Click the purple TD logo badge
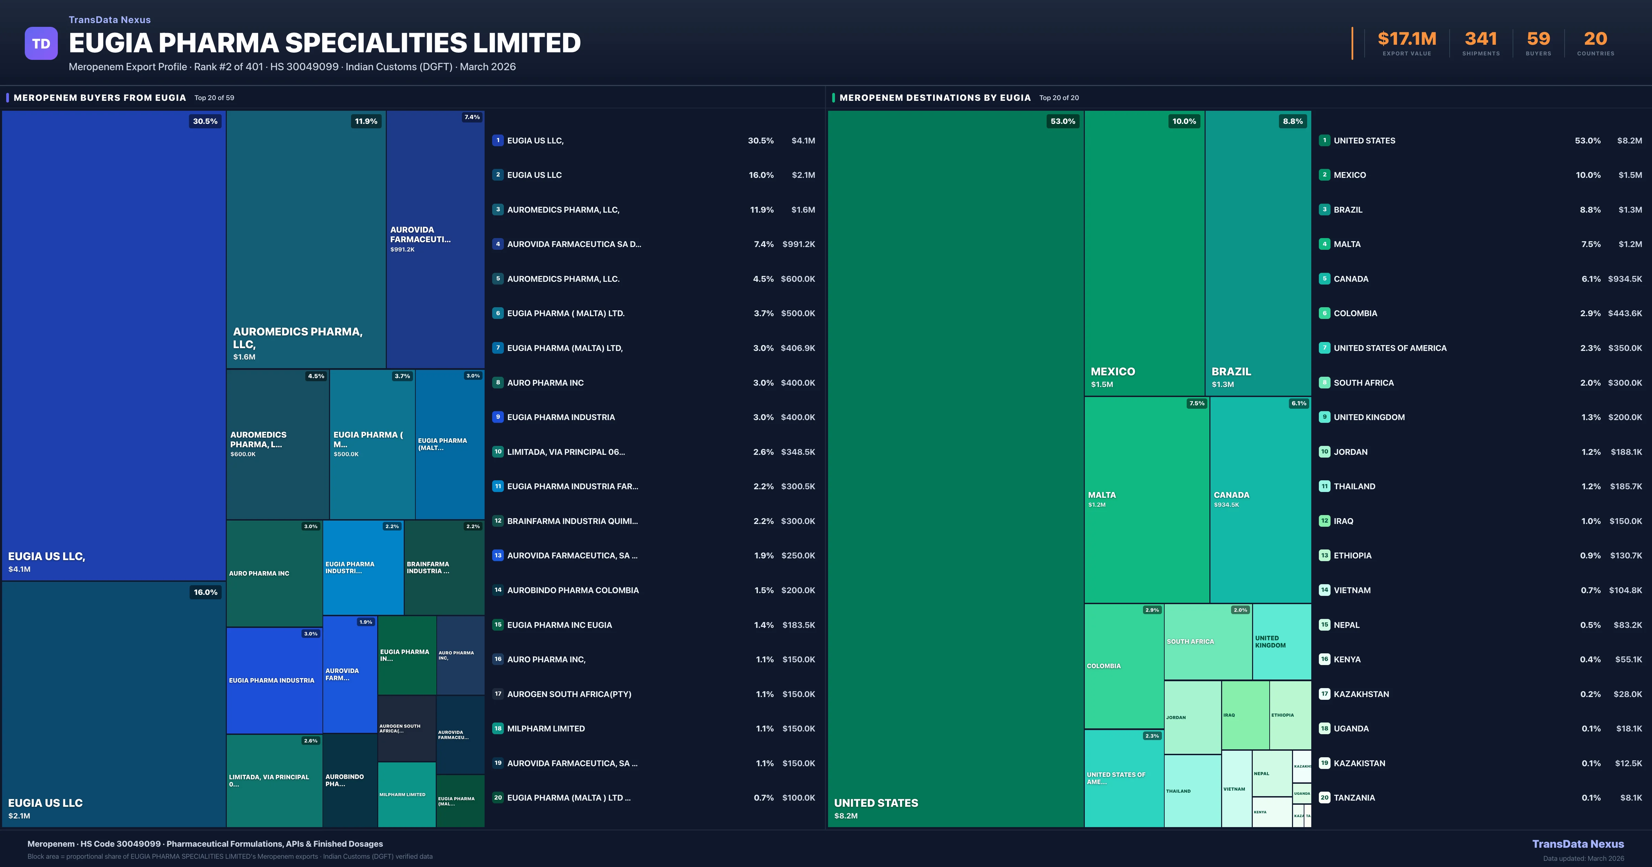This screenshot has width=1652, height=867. point(41,44)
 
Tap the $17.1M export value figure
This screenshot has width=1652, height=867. point(1407,39)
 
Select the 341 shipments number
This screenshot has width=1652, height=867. point(1481,39)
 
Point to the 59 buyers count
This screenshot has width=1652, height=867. point(1538,39)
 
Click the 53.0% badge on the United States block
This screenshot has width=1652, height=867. point(1063,121)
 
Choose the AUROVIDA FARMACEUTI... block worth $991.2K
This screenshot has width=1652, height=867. point(435,238)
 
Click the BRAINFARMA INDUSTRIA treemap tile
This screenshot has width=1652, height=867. point(444,568)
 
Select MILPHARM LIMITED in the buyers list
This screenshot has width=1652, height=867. point(546,728)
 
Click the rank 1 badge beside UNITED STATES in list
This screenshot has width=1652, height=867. point(1324,140)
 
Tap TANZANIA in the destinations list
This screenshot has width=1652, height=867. point(1354,798)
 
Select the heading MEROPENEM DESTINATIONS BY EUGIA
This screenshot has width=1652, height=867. point(934,97)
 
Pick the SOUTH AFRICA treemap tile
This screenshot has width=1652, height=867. point(1208,641)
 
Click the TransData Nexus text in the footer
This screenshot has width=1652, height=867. point(1578,844)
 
